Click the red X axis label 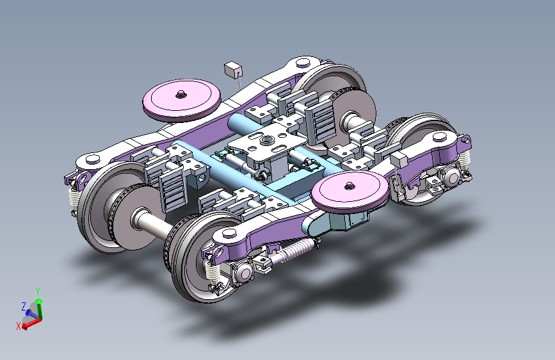tap(19, 326)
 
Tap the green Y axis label tap(38, 291)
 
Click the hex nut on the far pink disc tap(181, 94)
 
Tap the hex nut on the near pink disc tap(350, 185)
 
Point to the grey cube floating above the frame tap(233, 69)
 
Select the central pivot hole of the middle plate tap(266, 139)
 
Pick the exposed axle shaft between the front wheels tap(150, 222)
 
